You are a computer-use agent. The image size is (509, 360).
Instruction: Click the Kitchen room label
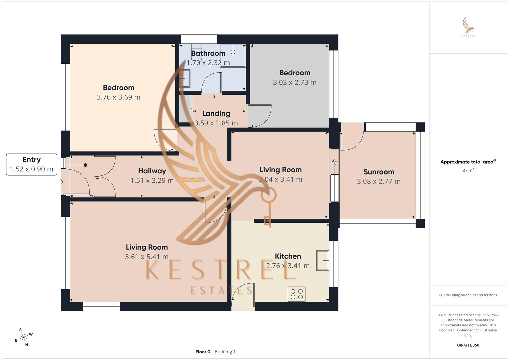[x=288, y=256]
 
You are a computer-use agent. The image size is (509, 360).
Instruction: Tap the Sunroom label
[x=379, y=172]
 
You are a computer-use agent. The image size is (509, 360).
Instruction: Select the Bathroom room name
[x=208, y=53]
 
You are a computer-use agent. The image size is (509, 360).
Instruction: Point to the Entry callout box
[x=31, y=164]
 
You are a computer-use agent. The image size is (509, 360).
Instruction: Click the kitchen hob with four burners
[x=297, y=294]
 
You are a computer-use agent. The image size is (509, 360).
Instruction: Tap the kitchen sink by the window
[x=322, y=260]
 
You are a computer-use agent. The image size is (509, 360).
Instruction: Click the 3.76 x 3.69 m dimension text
[x=119, y=97]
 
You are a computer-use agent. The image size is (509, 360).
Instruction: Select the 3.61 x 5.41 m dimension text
[x=147, y=257]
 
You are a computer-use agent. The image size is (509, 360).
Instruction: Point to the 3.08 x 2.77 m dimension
[x=379, y=181]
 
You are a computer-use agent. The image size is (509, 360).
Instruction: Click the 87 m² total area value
[x=468, y=170]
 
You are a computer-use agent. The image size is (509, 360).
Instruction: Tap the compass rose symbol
[x=23, y=338]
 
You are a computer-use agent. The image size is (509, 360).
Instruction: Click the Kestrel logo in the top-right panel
[x=468, y=27]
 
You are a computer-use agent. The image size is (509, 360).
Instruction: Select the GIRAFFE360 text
[x=468, y=345]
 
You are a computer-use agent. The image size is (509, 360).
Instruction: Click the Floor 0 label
[x=203, y=352]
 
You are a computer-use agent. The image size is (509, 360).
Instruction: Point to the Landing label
[x=216, y=113]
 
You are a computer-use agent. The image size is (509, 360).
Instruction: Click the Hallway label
[x=152, y=171]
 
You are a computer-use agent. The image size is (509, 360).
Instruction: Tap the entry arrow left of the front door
[x=60, y=182]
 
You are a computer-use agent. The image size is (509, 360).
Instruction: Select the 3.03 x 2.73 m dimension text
[x=295, y=82]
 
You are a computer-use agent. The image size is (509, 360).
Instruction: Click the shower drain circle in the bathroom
[x=233, y=52]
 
